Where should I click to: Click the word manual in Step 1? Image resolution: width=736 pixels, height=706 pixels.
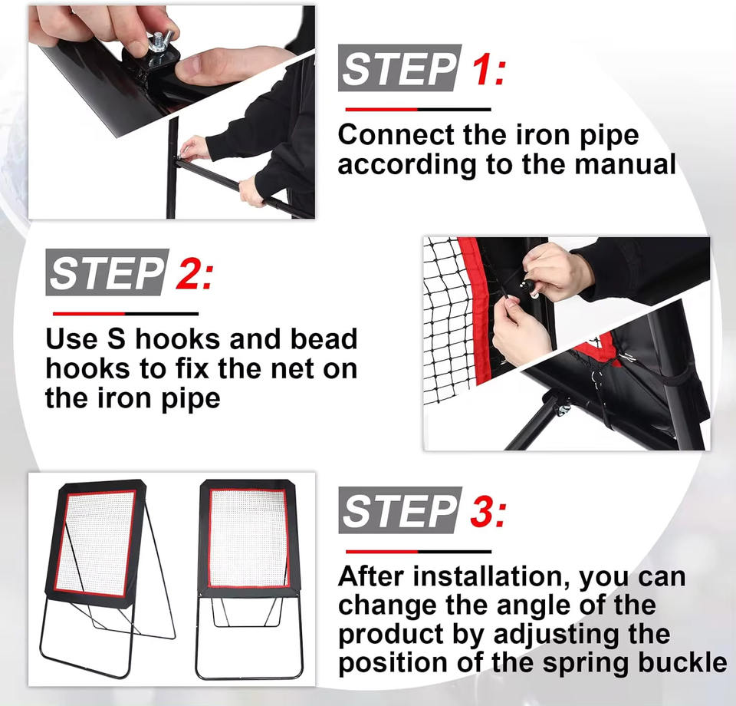pyautogui.click(x=626, y=164)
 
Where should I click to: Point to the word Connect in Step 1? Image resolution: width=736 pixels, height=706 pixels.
pyautogui.click(x=396, y=135)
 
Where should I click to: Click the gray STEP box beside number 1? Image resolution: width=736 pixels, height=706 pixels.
pyautogui.click(x=400, y=68)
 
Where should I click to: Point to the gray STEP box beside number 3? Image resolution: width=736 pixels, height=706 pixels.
pyautogui.click(x=400, y=510)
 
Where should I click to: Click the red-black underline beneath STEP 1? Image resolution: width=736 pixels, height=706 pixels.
pyautogui.click(x=419, y=110)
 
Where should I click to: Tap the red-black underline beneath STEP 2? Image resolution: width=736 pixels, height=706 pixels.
pyautogui.click(x=126, y=313)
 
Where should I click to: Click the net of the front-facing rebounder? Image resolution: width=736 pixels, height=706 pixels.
pyautogui.click(x=248, y=538)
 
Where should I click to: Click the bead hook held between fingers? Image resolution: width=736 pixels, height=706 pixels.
pyautogui.click(x=526, y=286)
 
